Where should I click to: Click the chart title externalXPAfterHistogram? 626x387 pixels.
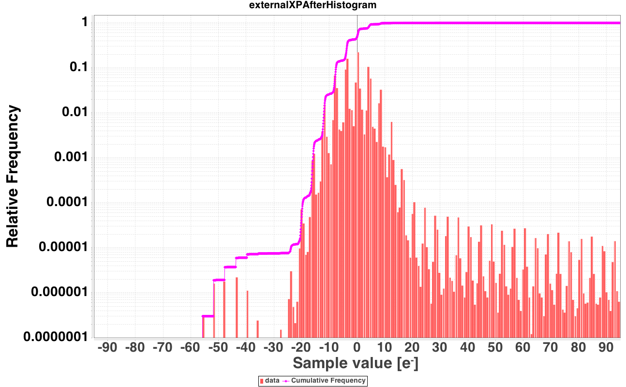(x=313, y=5)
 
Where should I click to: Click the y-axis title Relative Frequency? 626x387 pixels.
(x=12, y=176)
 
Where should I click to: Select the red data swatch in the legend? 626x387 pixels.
(x=262, y=381)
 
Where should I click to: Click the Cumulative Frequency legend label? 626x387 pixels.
(x=328, y=381)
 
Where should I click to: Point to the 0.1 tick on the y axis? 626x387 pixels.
(x=79, y=67)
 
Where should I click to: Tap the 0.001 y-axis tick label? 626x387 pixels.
(x=71, y=157)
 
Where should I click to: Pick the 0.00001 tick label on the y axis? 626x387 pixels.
(x=63, y=247)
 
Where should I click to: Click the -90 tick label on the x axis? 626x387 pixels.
(x=107, y=348)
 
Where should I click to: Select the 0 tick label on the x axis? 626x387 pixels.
(x=357, y=348)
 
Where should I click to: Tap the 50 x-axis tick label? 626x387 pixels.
(x=495, y=348)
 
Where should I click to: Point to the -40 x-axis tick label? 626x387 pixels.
(x=246, y=348)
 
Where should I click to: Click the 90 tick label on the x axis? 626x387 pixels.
(x=606, y=348)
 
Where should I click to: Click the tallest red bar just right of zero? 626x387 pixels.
(x=358, y=195)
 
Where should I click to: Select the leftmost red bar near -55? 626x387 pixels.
(x=203, y=327)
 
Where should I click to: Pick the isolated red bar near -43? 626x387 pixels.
(x=237, y=308)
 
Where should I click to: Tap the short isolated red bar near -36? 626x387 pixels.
(x=258, y=329)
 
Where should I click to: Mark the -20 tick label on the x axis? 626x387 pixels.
(x=301, y=348)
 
